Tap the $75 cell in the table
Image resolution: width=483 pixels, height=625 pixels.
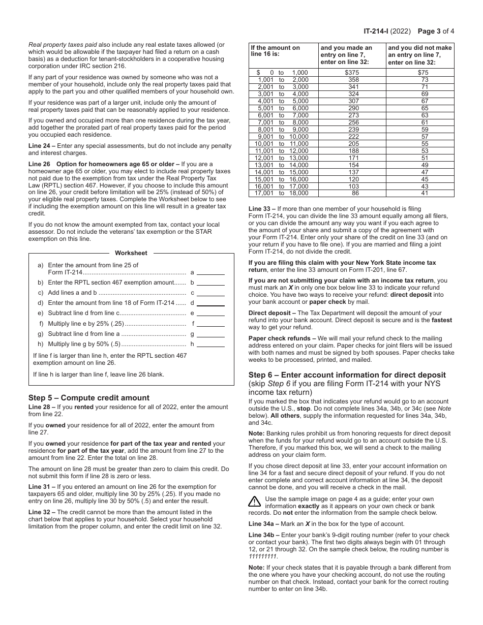[x=425, y=73]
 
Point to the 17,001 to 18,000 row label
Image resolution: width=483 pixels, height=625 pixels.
[x=283, y=193]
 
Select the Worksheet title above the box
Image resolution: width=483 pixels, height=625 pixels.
[x=131, y=253]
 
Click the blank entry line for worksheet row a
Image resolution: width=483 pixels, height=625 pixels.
[x=210, y=272]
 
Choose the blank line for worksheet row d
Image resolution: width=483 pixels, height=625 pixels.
[x=210, y=303]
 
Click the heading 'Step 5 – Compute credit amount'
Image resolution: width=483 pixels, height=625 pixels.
[x=89, y=398]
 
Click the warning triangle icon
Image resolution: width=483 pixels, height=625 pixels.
[x=254, y=502]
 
